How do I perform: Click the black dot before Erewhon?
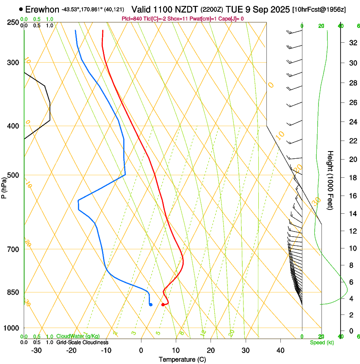click(21, 9)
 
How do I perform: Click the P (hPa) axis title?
click(4, 186)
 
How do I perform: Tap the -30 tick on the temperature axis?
click(36, 350)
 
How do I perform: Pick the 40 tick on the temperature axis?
click(280, 350)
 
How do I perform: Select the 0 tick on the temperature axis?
click(141, 350)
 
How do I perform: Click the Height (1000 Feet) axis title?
click(330, 180)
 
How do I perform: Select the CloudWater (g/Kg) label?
click(78, 336)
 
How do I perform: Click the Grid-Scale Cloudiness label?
click(82, 342)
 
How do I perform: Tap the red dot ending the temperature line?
click(163, 305)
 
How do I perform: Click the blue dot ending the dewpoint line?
click(150, 304)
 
